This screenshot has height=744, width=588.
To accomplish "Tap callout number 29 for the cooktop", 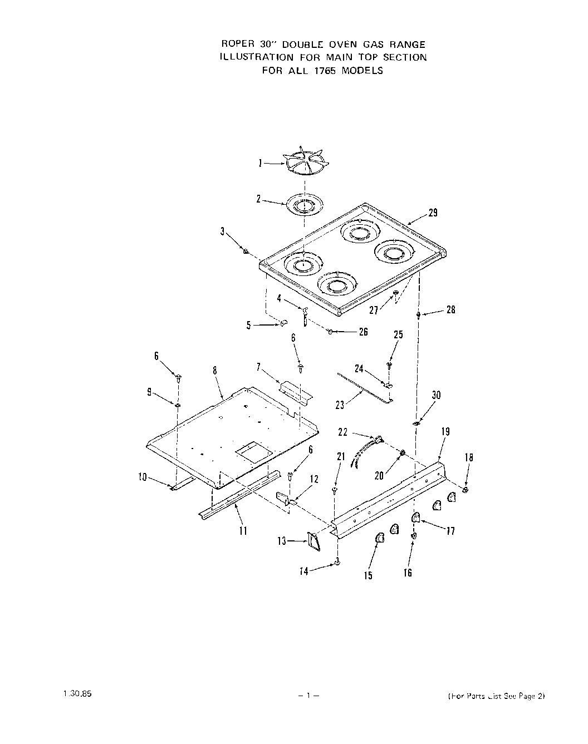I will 433,212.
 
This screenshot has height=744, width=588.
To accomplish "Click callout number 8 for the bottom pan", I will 214,371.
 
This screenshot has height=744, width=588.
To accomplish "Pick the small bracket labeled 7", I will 296,390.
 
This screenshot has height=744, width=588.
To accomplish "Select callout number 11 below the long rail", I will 243,530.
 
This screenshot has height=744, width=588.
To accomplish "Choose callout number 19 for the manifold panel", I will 445,431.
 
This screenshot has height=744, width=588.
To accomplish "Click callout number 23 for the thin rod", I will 340,405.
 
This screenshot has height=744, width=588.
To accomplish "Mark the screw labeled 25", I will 390,365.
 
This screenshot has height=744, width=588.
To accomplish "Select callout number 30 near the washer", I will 437,395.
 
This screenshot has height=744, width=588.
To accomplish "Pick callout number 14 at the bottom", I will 304,571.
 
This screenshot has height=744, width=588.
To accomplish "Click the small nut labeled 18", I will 465,490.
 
